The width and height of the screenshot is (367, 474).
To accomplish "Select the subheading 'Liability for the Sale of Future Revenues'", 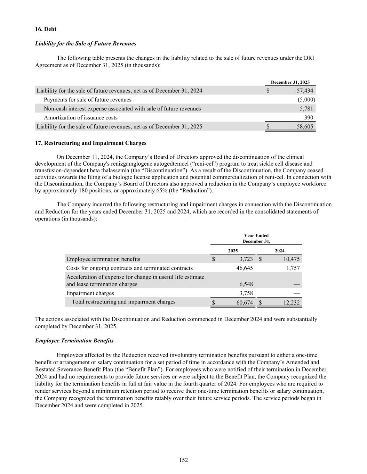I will point(86,43).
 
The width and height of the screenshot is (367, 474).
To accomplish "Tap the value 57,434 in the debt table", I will point(305,91).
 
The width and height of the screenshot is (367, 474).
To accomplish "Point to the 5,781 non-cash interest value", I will point(306,109).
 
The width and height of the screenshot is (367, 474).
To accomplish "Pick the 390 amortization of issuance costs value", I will point(309,118).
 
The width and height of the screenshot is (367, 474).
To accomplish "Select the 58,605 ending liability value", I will point(305,127).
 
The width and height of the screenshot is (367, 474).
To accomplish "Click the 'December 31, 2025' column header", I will point(290,82).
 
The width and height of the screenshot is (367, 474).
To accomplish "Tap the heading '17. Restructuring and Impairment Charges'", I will point(91,143).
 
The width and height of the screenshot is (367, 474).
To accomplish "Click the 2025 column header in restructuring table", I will point(233,250).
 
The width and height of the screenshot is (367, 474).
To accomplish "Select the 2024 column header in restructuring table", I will point(279,250).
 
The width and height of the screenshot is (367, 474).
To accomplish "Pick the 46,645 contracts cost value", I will point(245,268).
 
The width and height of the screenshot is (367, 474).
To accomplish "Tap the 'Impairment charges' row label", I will point(90,293).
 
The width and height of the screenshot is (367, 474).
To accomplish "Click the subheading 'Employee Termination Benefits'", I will point(74,341).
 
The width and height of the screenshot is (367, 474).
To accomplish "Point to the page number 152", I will point(183,460).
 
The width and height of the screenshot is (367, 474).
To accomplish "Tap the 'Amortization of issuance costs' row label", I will point(80,118).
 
